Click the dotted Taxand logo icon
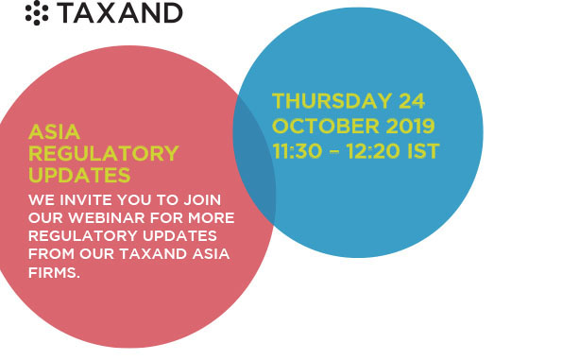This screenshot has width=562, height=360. (37, 13)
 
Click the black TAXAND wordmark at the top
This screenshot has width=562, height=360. (121, 13)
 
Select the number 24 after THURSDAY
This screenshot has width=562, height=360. (412, 101)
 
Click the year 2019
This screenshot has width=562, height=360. (410, 126)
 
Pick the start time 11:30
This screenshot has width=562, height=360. (298, 151)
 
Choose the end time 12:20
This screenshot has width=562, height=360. (373, 151)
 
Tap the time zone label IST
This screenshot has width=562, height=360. (423, 151)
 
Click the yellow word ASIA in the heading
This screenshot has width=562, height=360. (54, 131)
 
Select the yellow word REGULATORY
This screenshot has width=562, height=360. (104, 153)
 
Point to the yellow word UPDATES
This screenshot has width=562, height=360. (79, 176)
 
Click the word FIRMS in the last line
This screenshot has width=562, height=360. (54, 273)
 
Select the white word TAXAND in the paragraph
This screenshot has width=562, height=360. (153, 254)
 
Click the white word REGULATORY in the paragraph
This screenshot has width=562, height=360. (83, 236)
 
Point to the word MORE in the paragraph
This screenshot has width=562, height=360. (212, 218)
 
